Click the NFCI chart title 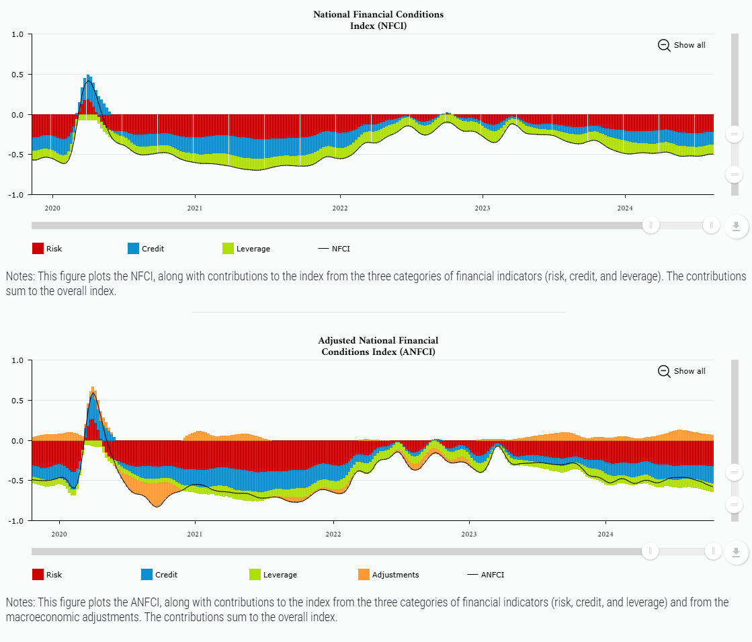pyautogui.click(x=378, y=20)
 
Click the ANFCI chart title pyautogui.click(x=378, y=346)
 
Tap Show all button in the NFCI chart pyautogui.click(x=682, y=45)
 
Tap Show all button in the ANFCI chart pyautogui.click(x=682, y=371)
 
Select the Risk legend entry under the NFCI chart pyautogui.click(x=47, y=249)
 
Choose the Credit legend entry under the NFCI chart pyautogui.click(x=146, y=249)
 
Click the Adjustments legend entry pyautogui.click(x=388, y=575)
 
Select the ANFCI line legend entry pyautogui.click(x=485, y=575)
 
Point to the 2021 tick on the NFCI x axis pyautogui.click(x=195, y=208)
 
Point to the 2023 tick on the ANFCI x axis pyautogui.click(x=469, y=534)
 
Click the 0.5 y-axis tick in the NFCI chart pyautogui.click(x=17, y=75)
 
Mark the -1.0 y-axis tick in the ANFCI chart pyautogui.click(x=16, y=521)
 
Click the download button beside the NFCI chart pyautogui.click(x=736, y=227)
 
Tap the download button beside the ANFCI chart pyautogui.click(x=736, y=553)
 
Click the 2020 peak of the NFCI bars pyautogui.click(x=88, y=77)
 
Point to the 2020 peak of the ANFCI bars pyautogui.click(x=93, y=389)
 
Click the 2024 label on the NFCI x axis pyautogui.click(x=625, y=208)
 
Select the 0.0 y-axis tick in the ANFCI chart pyautogui.click(x=17, y=441)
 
